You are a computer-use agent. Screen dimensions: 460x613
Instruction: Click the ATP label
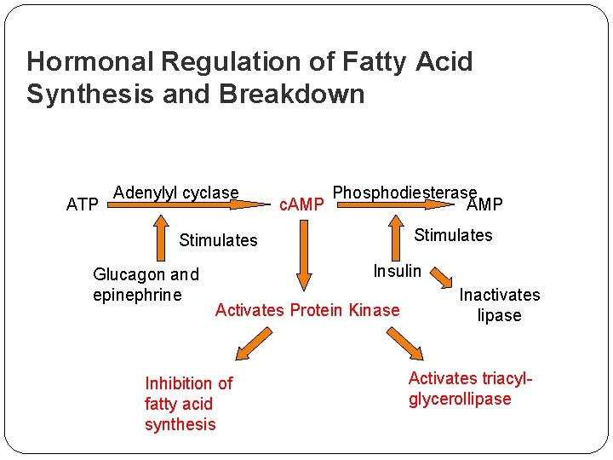(83, 204)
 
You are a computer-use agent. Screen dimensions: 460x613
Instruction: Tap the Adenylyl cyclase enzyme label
(176, 193)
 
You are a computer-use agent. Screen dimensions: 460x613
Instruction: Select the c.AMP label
(302, 204)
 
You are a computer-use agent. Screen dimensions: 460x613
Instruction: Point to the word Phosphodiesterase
(404, 193)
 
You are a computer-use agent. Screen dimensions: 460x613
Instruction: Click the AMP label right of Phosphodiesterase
(484, 204)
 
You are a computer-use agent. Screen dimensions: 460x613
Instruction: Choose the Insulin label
(398, 271)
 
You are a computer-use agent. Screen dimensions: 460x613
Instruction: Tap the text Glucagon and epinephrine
(146, 285)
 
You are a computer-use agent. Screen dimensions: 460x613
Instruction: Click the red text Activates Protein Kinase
(307, 310)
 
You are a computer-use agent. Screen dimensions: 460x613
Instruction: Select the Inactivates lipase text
(500, 305)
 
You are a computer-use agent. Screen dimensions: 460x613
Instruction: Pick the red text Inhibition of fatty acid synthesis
(188, 404)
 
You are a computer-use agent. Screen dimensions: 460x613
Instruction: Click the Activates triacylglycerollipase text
(470, 388)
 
